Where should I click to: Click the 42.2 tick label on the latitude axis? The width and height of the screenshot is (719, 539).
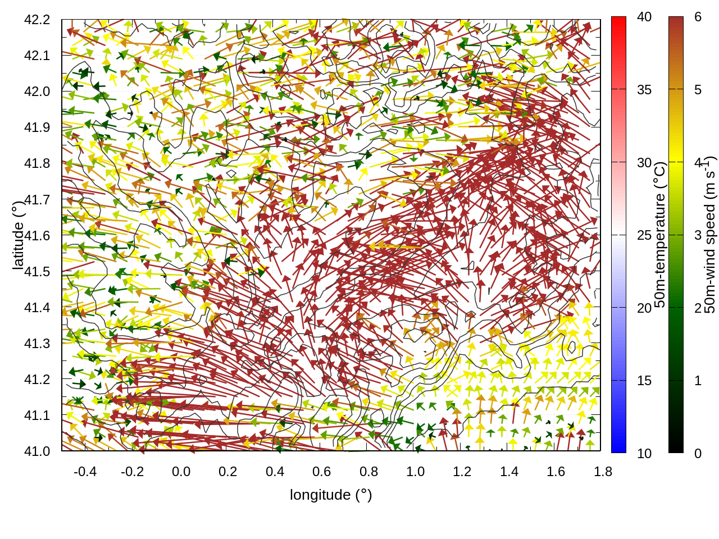(37, 20)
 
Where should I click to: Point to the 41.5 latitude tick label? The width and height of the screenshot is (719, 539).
(37, 272)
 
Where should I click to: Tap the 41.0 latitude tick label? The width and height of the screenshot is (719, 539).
(37, 451)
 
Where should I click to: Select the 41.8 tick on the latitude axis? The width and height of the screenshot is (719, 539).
(37, 163)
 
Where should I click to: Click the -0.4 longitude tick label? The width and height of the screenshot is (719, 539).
(85, 472)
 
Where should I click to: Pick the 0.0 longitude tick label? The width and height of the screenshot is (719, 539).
(181, 472)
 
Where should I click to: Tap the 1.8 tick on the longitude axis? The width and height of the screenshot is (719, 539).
(603, 472)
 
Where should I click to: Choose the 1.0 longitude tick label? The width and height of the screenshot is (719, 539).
(416, 472)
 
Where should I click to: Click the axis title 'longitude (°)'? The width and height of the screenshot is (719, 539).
(331, 495)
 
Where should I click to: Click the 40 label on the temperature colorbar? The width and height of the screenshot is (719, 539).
(644, 17)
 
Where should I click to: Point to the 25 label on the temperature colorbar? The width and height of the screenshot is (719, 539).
(644, 235)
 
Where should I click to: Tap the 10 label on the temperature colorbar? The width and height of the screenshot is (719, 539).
(644, 454)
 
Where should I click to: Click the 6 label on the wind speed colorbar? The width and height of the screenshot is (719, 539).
(698, 17)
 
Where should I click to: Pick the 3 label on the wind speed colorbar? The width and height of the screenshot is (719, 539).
(698, 235)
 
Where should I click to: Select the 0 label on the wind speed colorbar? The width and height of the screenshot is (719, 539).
(698, 454)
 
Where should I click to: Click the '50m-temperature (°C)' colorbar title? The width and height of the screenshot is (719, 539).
(661, 235)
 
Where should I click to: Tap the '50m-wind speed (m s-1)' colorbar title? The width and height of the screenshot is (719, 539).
(710, 235)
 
